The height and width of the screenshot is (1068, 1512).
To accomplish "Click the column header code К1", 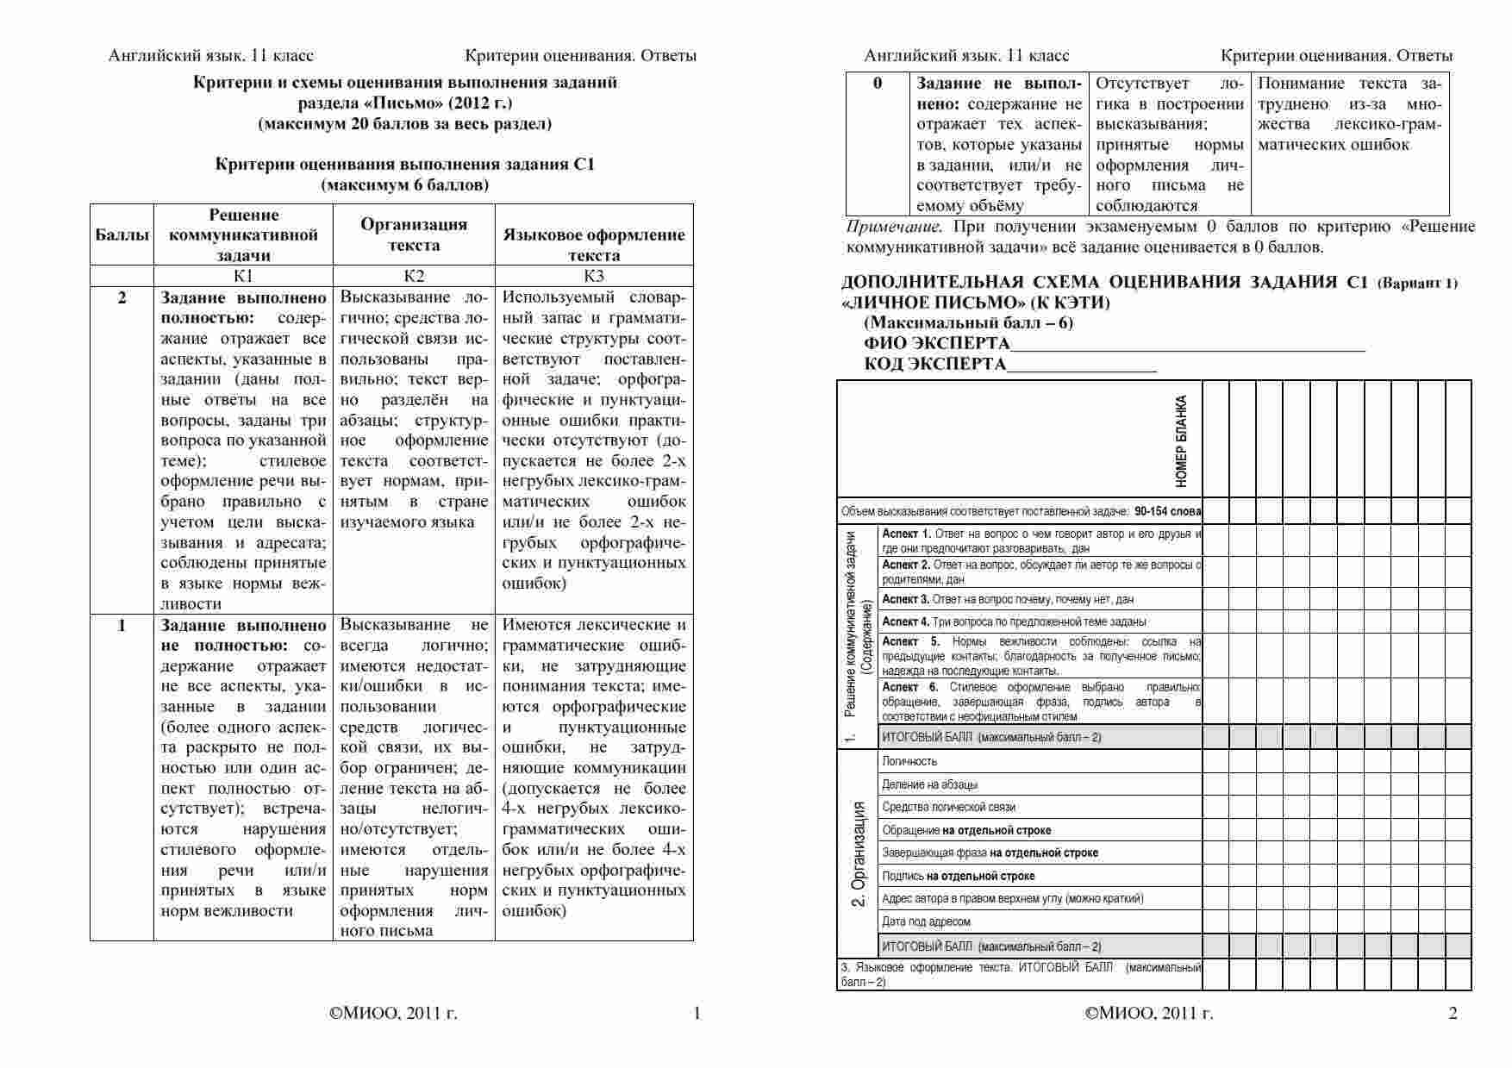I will click(x=243, y=276).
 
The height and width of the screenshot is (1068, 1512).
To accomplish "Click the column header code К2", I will click(x=414, y=276).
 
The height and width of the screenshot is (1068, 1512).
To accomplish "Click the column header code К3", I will click(x=594, y=276).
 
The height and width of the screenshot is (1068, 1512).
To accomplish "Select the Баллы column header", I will click(x=122, y=234).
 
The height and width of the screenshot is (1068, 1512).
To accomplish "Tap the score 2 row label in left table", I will click(x=122, y=297).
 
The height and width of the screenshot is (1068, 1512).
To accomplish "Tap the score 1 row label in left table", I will click(x=122, y=625).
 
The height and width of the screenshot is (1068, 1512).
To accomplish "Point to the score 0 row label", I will click(x=878, y=84).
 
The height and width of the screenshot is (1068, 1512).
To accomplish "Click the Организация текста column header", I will click(x=414, y=234).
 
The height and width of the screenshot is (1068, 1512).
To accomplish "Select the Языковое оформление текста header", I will click(x=594, y=245).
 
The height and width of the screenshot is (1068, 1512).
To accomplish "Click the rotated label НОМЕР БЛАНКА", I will click(x=1181, y=440).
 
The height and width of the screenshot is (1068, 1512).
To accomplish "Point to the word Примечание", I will click(x=890, y=227).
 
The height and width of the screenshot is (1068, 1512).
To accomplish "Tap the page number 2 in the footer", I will click(x=1453, y=1013).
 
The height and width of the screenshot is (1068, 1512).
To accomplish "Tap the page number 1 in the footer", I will click(x=697, y=1013).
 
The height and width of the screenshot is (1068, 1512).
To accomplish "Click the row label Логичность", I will click(x=909, y=761).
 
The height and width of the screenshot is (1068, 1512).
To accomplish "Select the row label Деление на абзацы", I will click(x=929, y=784).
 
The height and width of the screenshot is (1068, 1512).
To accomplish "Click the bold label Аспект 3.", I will click(x=905, y=599).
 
